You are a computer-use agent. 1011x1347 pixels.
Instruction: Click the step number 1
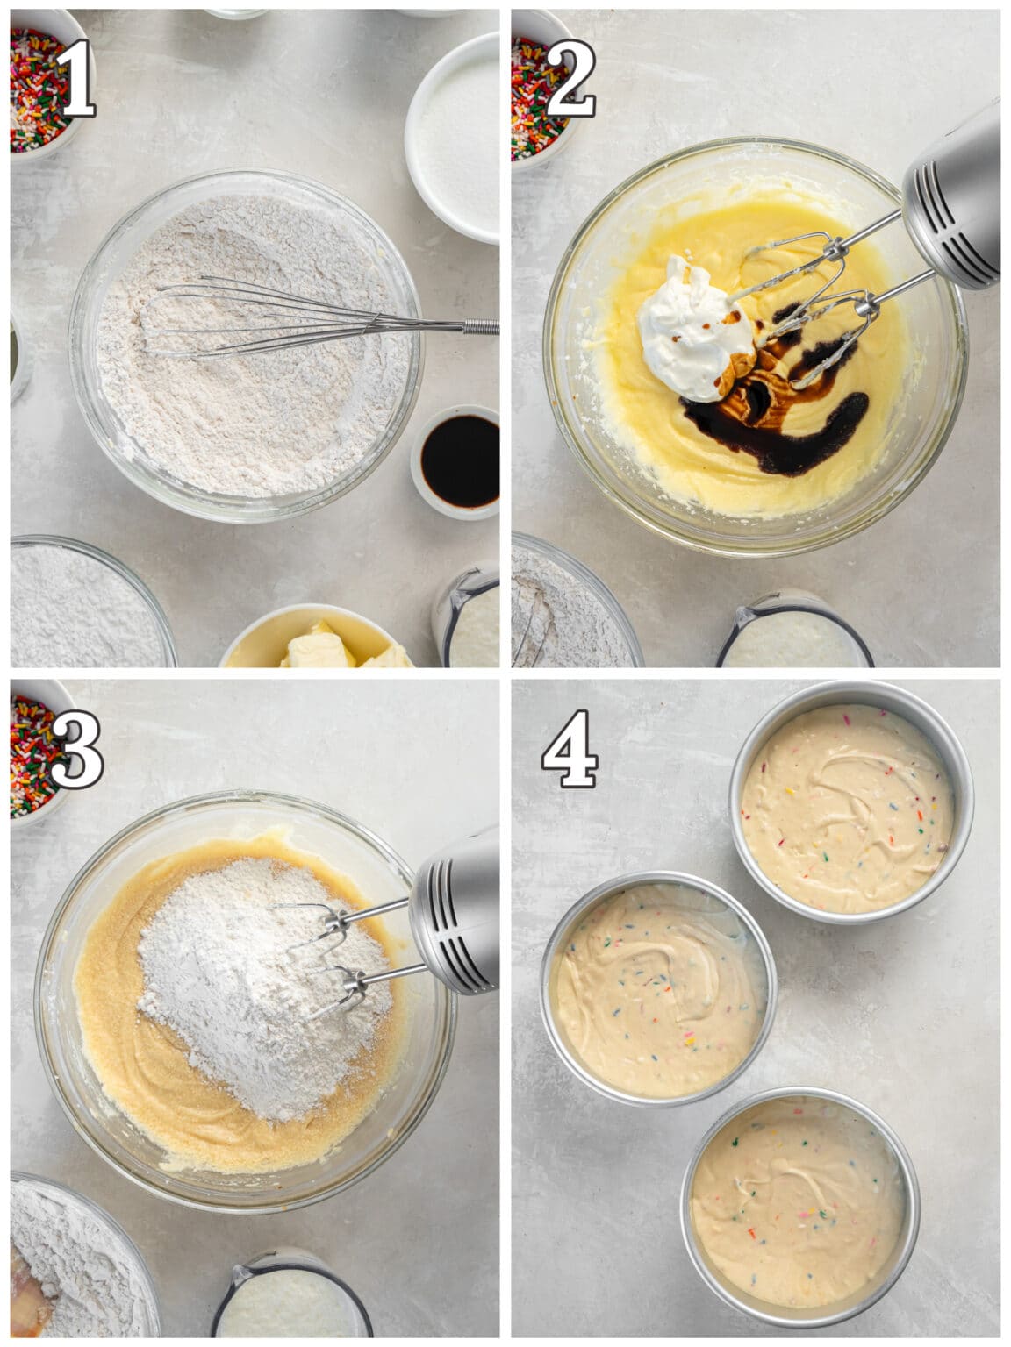tap(74, 79)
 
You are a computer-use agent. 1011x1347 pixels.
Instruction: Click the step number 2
tap(570, 79)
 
